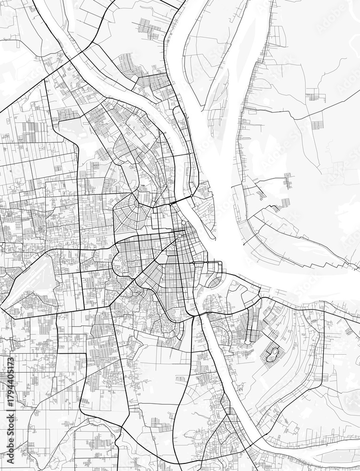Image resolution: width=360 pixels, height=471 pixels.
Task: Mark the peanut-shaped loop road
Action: tap(272, 354)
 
